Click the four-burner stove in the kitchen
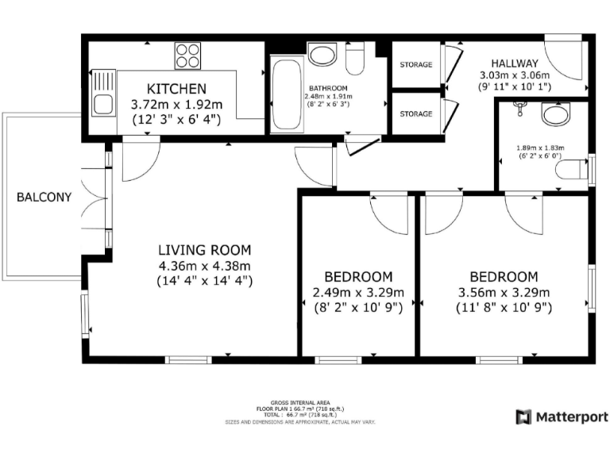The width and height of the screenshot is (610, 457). [x=188, y=56]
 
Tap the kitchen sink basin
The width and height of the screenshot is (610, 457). [x=103, y=104]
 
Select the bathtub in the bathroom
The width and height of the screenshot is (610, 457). [x=287, y=94]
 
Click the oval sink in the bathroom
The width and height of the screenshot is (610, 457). [x=322, y=56]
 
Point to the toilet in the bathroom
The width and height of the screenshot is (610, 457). [x=355, y=59]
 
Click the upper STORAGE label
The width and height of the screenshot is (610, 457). [x=416, y=64]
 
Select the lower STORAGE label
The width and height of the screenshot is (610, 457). [x=416, y=114]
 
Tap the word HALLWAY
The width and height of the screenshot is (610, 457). [x=515, y=63]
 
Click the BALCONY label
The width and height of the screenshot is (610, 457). [x=44, y=198]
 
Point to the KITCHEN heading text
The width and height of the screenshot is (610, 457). [x=176, y=89]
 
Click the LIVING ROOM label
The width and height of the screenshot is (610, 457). [x=205, y=250]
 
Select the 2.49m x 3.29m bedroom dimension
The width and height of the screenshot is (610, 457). [x=358, y=292]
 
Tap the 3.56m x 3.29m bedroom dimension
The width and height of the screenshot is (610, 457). [x=504, y=292]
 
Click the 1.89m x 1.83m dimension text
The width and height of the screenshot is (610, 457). [x=540, y=148]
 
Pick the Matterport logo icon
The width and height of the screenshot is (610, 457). [x=523, y=417]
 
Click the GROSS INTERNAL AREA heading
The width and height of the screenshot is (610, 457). [x=300, y=403]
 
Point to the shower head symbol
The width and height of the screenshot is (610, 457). [x=519, y=107]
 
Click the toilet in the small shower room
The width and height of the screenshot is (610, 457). [x=572, y=170]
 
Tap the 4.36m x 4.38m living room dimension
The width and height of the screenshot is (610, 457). [x=205, y=267]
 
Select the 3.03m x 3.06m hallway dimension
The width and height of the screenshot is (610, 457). [x=515, y=75]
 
